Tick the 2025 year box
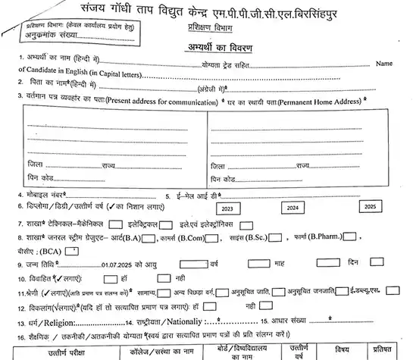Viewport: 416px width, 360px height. click(369, 207)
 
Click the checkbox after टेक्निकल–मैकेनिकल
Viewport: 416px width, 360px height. click(116, 224)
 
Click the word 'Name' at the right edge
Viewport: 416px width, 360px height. click(385, 65)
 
